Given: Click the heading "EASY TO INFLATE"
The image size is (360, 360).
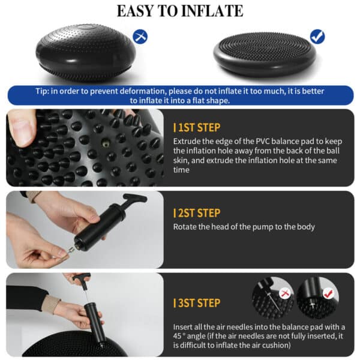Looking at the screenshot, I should (179, 11).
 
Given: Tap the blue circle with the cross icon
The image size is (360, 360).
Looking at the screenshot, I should (140, 37).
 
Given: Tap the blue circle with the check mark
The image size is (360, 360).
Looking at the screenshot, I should (317, 37).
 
